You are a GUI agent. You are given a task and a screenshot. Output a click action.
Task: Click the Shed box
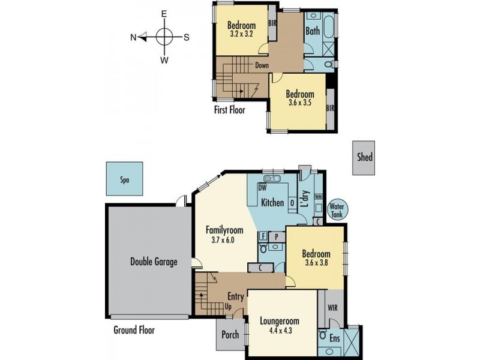click(x=365, y=158)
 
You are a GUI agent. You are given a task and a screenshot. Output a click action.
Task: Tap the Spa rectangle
click(x=125, y=179)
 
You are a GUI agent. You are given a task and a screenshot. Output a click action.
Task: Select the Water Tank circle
click(x=336, y=210)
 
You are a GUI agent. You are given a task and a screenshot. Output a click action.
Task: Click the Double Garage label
click(x=154, y=262)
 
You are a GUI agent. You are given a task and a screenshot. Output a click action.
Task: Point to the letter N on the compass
click(x=133, y=37)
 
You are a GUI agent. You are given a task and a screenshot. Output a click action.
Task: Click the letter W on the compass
click(x=164, y=60)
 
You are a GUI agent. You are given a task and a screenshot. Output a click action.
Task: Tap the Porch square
click(x=230, y=335)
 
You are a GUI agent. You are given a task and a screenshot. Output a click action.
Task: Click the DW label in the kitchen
click(x=262, y=188)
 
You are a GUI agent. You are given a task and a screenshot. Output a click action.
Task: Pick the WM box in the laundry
click(x=318, y=196)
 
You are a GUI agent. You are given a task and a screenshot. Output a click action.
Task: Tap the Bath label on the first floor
click(x=313, y=30)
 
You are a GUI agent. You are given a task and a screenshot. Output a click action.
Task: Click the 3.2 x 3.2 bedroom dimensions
click(x=242, y=35)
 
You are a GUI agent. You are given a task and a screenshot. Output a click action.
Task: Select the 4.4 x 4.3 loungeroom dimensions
click(x=280, y=331)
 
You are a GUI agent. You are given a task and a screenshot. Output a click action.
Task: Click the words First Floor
click(x=230, y=110)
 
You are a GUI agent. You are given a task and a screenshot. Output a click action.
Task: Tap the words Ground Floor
click(x=134, y=330)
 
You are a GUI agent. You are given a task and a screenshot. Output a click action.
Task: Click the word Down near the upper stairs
click(x=261, y=65)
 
